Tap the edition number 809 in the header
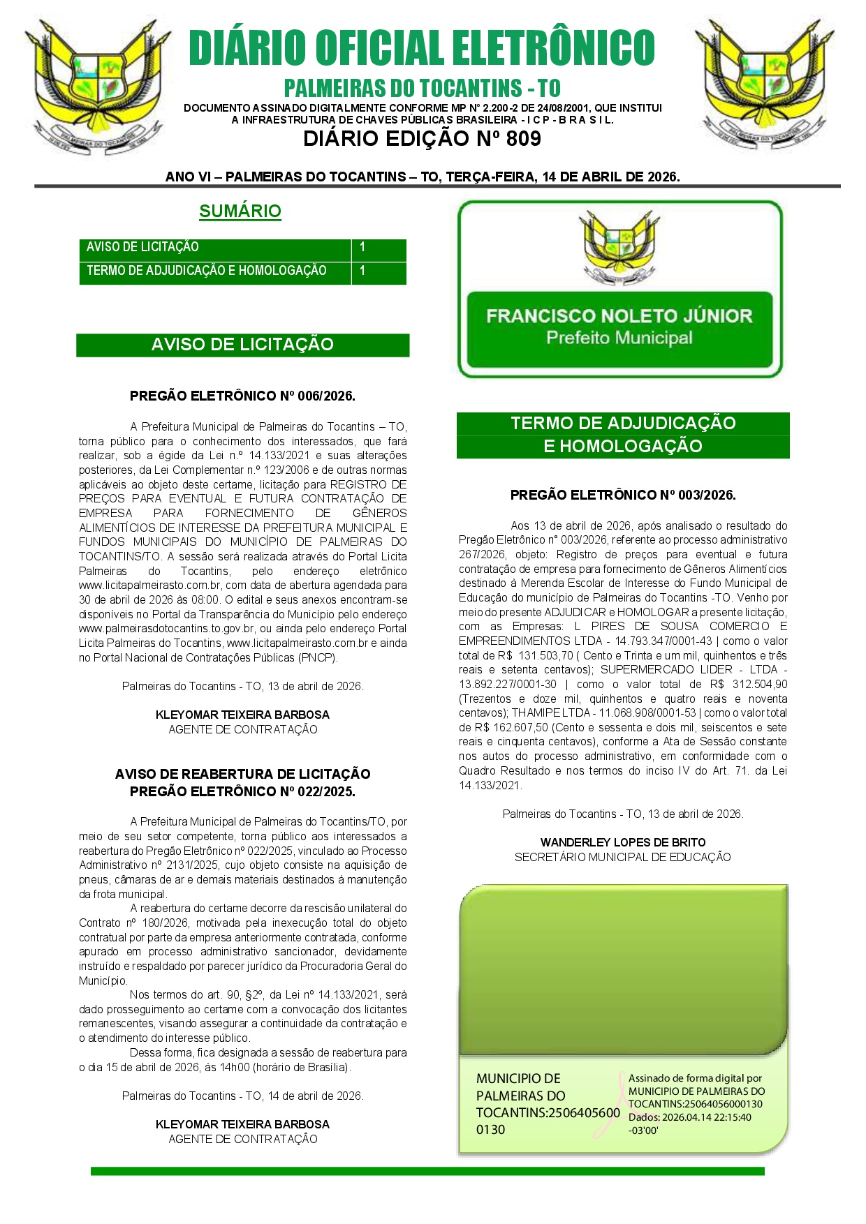tap(523, 139)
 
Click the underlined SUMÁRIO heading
tap(240, 211)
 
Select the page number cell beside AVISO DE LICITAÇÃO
tap(378, 248)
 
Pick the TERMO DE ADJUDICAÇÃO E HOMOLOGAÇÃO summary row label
tap(207, 271)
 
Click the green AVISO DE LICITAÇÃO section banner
tap(242, 345)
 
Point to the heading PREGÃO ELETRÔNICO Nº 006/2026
tap(242, 396)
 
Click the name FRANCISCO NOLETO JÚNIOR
tap(619, 316)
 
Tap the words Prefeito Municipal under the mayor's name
tap(619, 338)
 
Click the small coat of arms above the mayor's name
tap(619, 248)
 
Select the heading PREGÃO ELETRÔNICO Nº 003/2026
tap(623, 495)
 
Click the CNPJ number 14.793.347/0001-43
tap(663, 641)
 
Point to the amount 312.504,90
tap(758, 684)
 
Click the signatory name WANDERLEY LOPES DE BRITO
tap(623, 842)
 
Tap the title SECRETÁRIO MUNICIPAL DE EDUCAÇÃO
tap(623, 857)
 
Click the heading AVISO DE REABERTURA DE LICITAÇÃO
tap(242, 774)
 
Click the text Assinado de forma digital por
tap(695, 1078)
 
